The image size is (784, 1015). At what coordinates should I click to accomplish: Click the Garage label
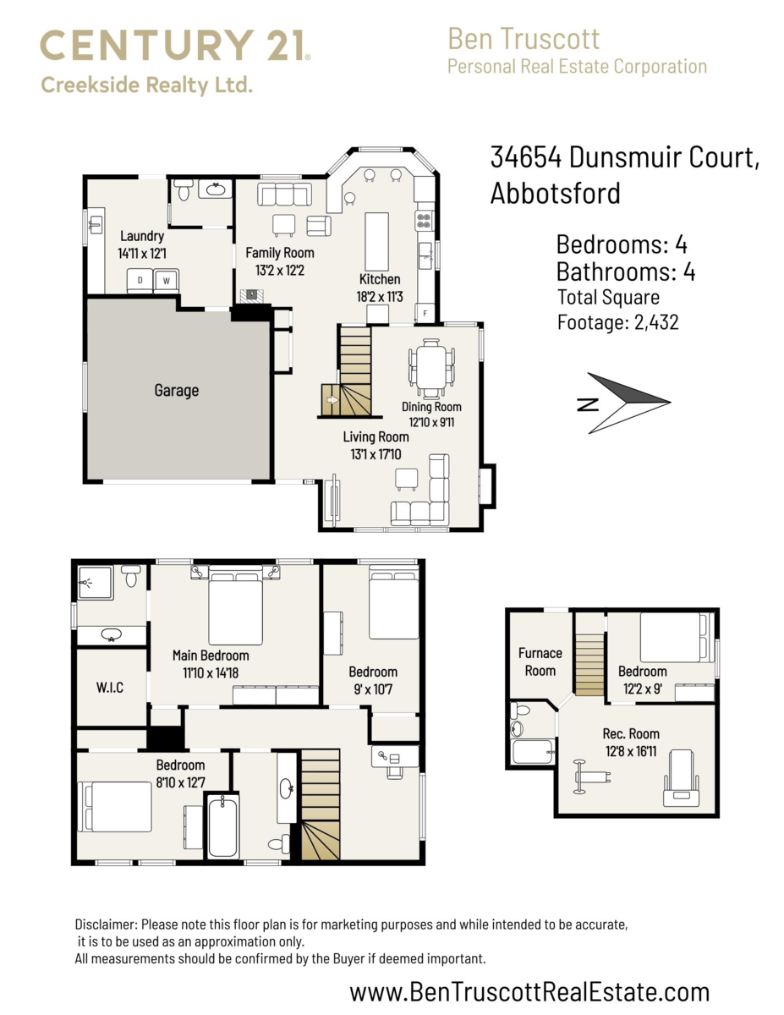pos(176,390)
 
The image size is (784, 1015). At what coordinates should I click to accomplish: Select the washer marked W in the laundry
pos(167,280)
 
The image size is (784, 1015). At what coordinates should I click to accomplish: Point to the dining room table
pos(431,367)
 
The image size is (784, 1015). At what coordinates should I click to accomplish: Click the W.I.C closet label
pos(110,688)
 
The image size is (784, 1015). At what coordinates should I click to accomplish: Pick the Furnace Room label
pos(540,661)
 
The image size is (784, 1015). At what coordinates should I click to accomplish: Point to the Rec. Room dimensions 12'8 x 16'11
pos(631,750)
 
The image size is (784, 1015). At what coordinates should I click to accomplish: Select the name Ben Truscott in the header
pos(524,39)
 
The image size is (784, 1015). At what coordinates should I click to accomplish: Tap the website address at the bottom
pos(529,991)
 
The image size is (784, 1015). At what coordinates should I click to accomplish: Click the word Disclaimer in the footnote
pos(106,925)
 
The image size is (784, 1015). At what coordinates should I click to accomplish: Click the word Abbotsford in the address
pos(555,193)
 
